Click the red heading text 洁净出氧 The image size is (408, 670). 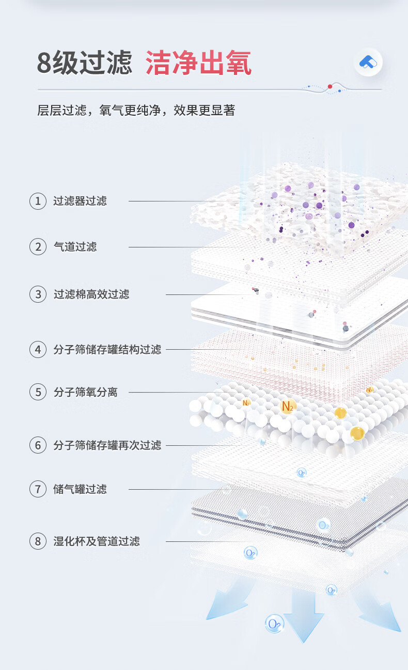198,63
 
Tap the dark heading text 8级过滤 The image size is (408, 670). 84,63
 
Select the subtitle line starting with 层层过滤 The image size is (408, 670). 136,110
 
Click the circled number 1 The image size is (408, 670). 38,201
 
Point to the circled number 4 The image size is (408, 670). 38,350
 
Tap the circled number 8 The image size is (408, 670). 38,541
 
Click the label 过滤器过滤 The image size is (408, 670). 80,201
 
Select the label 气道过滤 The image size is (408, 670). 75,247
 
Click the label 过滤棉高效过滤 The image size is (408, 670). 91,294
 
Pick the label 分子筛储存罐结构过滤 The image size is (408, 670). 107,350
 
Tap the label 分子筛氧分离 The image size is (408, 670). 86,393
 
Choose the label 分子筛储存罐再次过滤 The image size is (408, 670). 107,445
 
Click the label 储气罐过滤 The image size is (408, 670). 80,489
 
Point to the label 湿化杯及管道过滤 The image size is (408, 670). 97,541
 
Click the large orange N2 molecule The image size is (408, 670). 288,406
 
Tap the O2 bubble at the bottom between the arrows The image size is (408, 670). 274,624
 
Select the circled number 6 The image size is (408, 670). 38,445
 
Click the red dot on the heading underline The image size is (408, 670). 329,86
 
